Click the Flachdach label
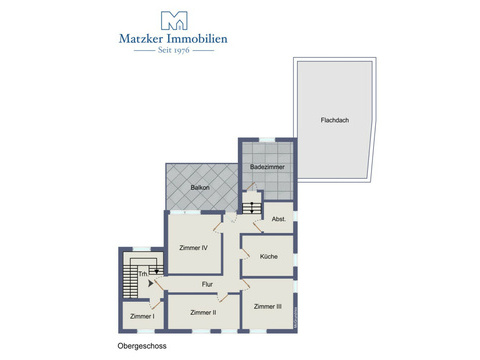point(335,120)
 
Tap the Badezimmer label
point(267,167)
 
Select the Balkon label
point(200,188)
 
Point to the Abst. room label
point(279,219)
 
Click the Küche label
point(269,256)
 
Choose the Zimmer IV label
point(193,248)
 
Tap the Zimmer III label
point(268,306)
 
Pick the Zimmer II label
point(203,312)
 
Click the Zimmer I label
point(142,316)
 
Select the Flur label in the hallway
point(207,284)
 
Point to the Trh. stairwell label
point(143,274)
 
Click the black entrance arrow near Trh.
point(151,284)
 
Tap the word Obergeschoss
point(142,346)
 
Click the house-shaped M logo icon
point(174,21)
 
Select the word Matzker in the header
point(141,39)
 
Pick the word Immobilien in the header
point(197,39)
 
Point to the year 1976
point(182,50)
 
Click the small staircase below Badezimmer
point(252,207)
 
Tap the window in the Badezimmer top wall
point(267,140)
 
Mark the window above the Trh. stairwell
point(142,249)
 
